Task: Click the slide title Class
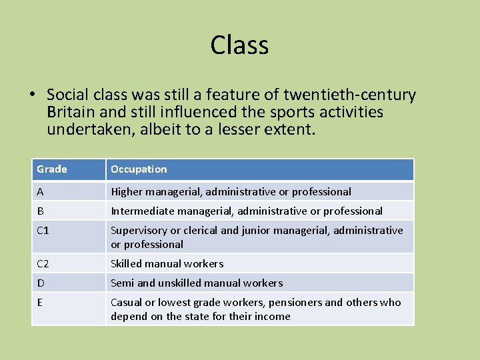tap(239, 45)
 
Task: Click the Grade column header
tap(52, 169)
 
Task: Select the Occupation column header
tap(139, 169)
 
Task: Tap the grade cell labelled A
tap(41, 191)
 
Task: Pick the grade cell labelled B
tap(41, 211)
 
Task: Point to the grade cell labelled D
tap(41, 283)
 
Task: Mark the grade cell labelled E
tap(40, 302)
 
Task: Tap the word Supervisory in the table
tap(139, 231)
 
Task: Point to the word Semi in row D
tap(122, 283)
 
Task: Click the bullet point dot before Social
tap(34, 95)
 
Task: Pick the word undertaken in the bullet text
tap(91, 129)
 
